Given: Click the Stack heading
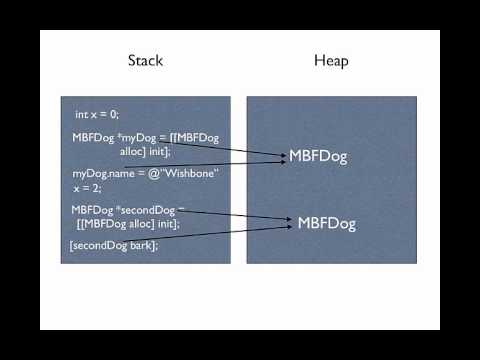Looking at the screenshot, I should (x=145, y=61).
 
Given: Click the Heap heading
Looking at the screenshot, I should (x=330, y=61).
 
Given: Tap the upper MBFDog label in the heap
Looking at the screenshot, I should (x=318, y=156).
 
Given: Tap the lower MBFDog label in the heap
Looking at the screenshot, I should (x=327, y=223).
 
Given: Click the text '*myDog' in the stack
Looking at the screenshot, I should (x=130, y=138).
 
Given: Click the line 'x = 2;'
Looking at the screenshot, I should (x=88, y=187).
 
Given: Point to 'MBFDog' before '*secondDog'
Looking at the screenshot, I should (x=92, y=211).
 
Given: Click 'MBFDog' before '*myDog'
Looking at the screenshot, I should (x=91, y=138).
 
